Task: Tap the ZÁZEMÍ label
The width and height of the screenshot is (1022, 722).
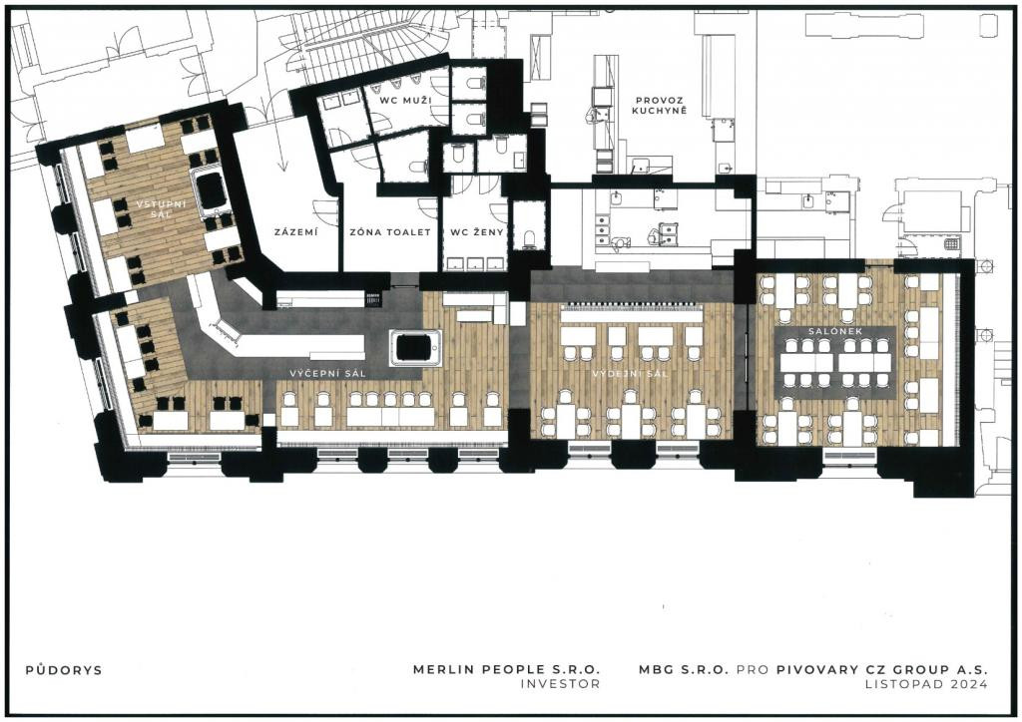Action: click(x=295, y=231)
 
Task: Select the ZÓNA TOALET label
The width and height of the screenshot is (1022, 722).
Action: click(x=390, y=231)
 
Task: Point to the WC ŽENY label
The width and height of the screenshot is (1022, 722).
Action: click(x=477, y=231)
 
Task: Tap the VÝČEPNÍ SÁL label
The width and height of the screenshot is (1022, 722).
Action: click(x=327, y=373)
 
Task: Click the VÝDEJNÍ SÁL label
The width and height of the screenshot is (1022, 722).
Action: click(x=631, y=374)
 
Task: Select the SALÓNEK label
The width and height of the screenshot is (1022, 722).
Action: click(x=835, y=331)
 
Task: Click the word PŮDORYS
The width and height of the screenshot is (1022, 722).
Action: click(x=64, y=670)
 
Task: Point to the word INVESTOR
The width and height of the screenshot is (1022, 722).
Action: click(x=560, y=683)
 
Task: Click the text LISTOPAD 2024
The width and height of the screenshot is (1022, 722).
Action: click(x=926, y=683)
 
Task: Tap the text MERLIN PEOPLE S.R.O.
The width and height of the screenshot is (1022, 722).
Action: click(x=506, y=668)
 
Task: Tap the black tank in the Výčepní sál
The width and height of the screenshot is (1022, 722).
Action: click(x=414, y=347)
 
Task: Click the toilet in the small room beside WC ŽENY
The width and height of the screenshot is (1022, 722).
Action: click(x=529, y=238)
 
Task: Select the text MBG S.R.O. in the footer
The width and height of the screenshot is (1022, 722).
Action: click(x=683, y=668)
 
